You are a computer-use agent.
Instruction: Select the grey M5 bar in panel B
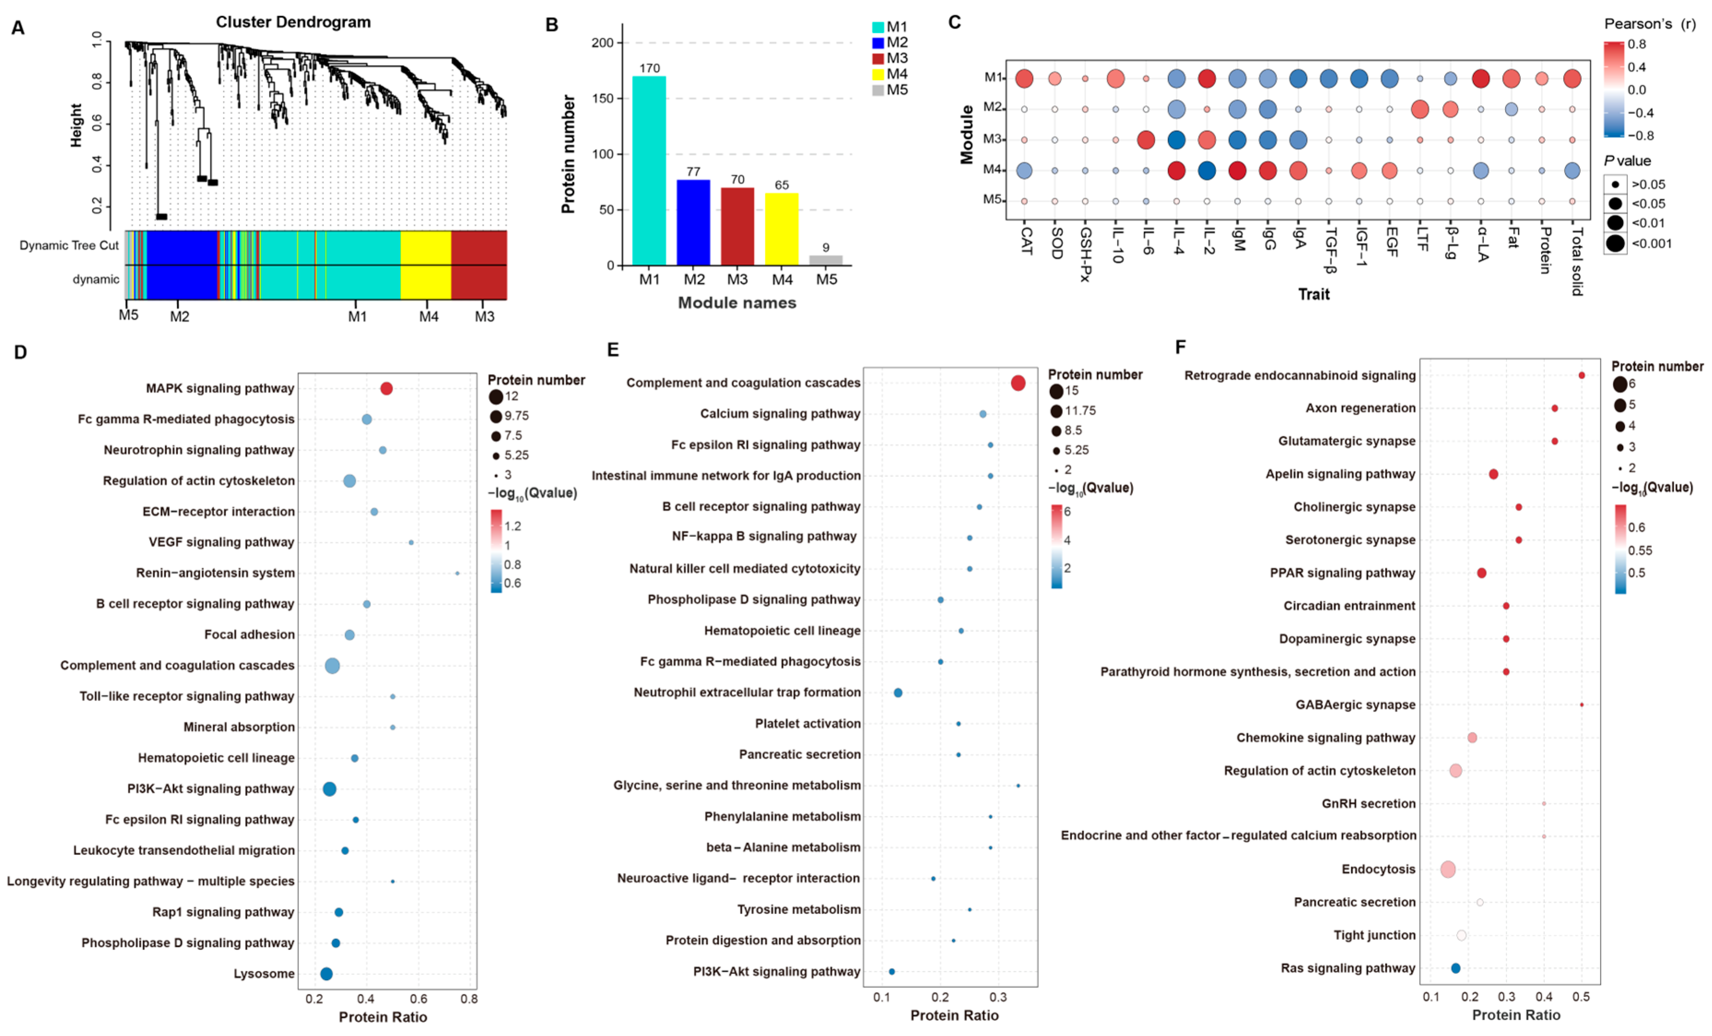(826, 260)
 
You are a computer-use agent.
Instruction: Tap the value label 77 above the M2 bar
(693, 171)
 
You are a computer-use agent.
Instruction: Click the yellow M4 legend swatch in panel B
(878, 74)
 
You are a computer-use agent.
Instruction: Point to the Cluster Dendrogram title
(293, 22)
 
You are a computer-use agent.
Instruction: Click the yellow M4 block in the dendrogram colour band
(426, 265)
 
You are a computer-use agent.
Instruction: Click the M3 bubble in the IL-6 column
(1146, 140)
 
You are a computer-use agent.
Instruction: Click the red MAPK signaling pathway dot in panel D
(387, 388)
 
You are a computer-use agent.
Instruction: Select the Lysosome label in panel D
(264, 973)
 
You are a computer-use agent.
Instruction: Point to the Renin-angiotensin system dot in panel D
(457, 573)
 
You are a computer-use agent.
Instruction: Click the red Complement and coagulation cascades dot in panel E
(1018, 383)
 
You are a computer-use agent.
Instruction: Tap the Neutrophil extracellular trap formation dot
(897, 693)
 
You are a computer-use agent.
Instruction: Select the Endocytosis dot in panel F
(1448, 869)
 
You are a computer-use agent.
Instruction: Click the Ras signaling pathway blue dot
(1456, 968)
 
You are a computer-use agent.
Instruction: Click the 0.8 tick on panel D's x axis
(469, 999)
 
